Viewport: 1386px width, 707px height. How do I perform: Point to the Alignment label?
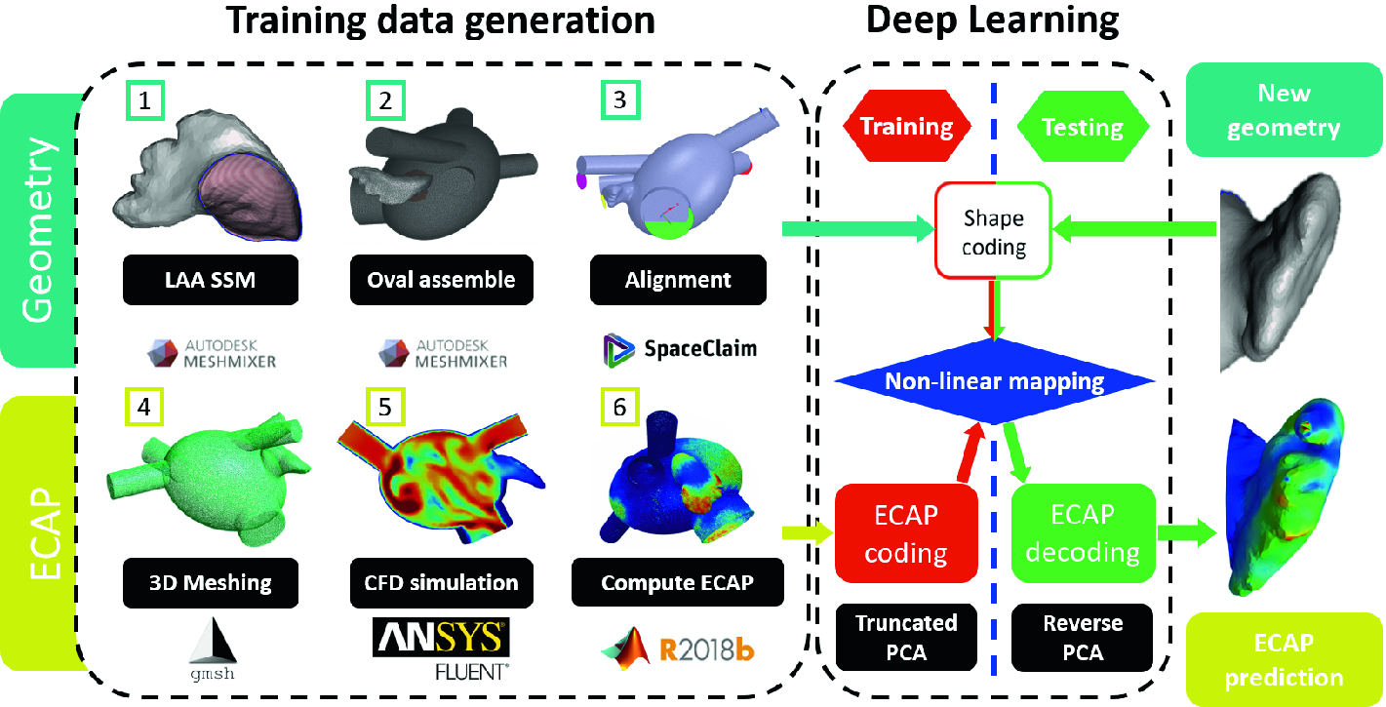tap(678, 280)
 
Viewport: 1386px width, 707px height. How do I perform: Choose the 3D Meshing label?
tap(211, 582)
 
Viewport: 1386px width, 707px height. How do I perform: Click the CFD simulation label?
tap(442, 582)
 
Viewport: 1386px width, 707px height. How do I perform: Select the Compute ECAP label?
tap(677, 582)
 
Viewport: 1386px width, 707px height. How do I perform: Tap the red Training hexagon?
tap(905, 126)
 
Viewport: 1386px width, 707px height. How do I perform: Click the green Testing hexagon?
tap(1083, 126)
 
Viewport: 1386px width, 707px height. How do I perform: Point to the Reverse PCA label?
tap(1083, 638)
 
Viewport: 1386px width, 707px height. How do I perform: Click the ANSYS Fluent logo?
tap(442, 648)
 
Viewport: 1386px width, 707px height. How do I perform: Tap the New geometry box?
tap(1284, 111)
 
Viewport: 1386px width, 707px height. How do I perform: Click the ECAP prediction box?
tap(1284, 659)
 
